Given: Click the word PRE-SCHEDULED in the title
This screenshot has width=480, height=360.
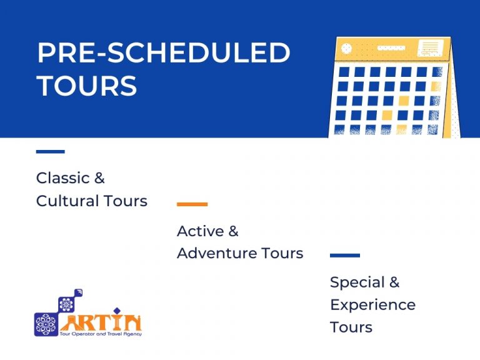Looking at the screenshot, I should (163, 53).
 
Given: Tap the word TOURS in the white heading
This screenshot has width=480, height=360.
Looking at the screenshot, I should (87, 86).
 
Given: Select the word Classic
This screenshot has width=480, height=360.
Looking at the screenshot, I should (62, 178).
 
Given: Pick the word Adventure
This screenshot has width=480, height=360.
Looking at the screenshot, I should (217, 253).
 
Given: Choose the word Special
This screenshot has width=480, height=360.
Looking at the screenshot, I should (357, 282).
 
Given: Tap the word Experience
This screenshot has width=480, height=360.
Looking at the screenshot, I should (372, 304).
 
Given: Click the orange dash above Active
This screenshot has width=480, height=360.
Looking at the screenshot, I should (192, 204).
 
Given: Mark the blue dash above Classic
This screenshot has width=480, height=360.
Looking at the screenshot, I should (50, 151).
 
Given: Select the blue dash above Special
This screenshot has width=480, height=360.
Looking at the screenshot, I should (344, 255).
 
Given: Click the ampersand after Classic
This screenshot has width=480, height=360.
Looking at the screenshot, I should (99, 178).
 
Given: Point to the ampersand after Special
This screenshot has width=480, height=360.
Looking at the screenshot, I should (394, 282).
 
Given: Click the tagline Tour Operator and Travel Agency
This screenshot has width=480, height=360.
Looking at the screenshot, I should (102, 334).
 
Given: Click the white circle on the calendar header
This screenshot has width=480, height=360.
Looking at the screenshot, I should (347, 49).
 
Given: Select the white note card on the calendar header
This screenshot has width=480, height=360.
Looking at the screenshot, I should (429, 47).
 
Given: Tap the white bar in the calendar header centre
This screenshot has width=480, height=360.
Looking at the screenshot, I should (391, 48).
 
